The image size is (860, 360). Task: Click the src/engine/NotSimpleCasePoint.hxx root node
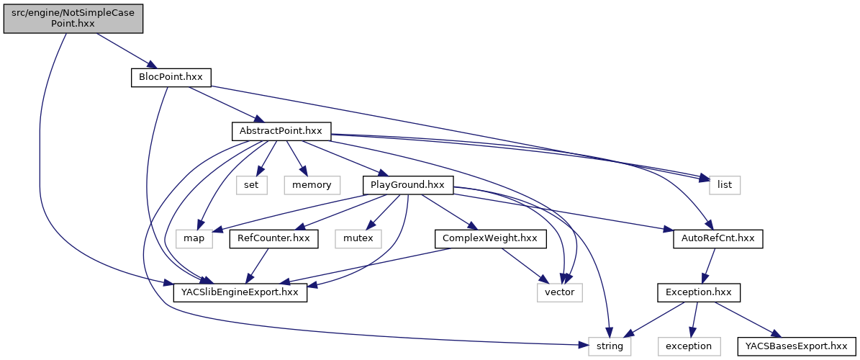pyautogui.click(x=73, y=17)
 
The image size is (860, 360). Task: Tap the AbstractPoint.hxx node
pyautogui.click(x=281, y=131)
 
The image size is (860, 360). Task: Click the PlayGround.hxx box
pyautogui.click(x=408, y=185)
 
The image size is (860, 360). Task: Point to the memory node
pyautogui.click(x=312, y=185)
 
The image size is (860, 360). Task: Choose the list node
pyautogui.click(x=725, y=185)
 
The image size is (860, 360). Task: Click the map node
pyautogui.click(x=194, y=238)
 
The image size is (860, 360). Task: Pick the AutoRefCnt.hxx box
pyautogui.click(x=718, y=238)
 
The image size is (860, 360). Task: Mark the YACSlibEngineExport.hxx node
pyautogui.click(x=240, y=292)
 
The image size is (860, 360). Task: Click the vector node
pyautogui.click(x=559, y=292)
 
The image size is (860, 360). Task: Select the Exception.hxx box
pyautogui.click(x=698, y=292)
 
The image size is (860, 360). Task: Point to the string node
pyautogui.click(x=610, y=346)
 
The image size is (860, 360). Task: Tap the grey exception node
pyautogui.click(x=689, y=346)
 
